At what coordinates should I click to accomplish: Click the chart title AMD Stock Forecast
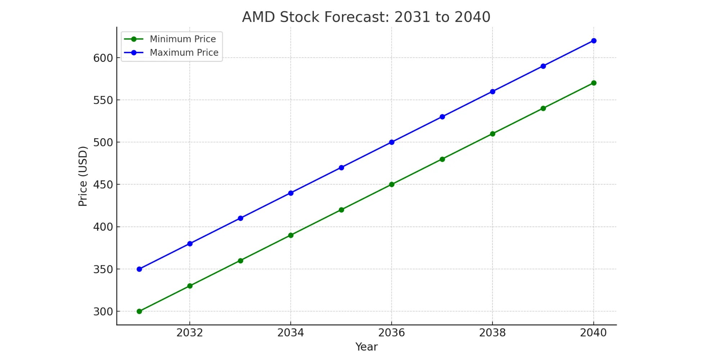point(366,17)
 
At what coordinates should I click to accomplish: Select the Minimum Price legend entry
point(183,39)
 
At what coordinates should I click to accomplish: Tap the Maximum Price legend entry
point(184,53)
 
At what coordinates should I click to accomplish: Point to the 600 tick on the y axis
point(103,58)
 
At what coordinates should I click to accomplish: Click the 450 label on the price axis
point(103,185)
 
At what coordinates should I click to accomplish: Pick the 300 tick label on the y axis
point(103,312)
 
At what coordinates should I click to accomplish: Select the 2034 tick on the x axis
point(291,333)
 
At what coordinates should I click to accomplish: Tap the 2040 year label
point(593,333)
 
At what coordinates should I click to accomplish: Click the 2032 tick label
point(190,333)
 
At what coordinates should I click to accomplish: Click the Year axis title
point(366,347)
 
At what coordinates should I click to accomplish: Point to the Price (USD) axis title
point(83,176)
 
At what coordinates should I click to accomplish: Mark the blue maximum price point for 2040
point(594,41)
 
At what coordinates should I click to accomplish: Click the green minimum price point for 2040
point(594,83)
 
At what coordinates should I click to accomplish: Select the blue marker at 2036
point(392,142)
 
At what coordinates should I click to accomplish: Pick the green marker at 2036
point(392,184)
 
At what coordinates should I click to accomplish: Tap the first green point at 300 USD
point(139,311)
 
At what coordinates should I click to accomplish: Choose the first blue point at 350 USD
point(139,269)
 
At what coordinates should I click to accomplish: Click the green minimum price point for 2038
point(492,134)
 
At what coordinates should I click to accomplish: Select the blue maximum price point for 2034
point(291,193)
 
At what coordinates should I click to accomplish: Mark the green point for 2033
point(240,261)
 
